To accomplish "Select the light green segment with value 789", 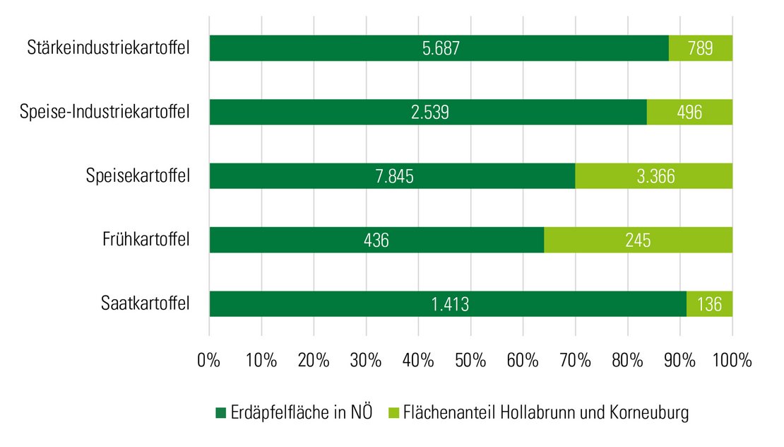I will tap(701, 48).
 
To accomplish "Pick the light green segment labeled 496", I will tap(689, 112).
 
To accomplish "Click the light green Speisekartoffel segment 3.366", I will tap(653, 175).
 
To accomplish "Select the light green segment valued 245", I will tap(638, 240).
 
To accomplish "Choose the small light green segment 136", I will tap(710, 304).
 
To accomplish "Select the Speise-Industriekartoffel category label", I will tap(105, 112).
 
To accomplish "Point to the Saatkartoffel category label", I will tap(145, 304).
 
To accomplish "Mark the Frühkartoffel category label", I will tap(146, 240).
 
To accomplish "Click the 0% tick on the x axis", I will tap(209, 359).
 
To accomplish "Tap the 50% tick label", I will tap(470, 359).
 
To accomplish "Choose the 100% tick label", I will tap(732, 359).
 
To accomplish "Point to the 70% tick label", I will tap(575, 359).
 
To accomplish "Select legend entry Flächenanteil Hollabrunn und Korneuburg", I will tap(537, 412).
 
